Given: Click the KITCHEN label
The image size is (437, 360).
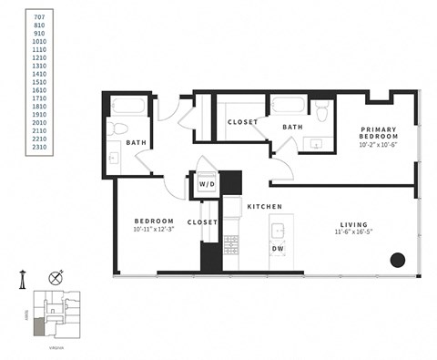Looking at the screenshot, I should [264, 207].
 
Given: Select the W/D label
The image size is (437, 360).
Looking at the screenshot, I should [207, 184].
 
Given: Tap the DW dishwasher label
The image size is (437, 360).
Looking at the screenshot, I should [278, 248].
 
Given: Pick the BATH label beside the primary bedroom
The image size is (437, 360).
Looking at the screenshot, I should [291, 127].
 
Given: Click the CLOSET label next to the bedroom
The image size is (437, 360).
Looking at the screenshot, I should [201, 221].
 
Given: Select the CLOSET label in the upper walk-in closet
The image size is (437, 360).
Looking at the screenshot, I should [243, 121].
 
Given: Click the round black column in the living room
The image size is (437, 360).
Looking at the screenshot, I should [397, 261].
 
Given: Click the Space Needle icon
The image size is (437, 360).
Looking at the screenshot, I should [20, 278].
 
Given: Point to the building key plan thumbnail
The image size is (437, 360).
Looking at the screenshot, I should [53, 314].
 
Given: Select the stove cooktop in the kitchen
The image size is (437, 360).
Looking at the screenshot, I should [230, 244].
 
